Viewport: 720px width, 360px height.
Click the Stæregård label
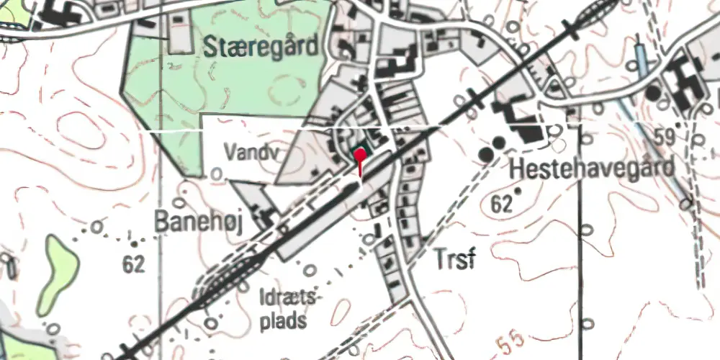coord(261,48)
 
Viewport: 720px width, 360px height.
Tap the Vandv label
coord(249,152)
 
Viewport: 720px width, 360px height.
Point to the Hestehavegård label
coord(593,169)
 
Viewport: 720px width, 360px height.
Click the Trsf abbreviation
coord(454,260)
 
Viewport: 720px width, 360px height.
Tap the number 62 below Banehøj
coord(134,264)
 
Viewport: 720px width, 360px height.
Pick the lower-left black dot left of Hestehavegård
coord(487,154)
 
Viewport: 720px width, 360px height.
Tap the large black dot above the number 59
coord(653,93)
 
